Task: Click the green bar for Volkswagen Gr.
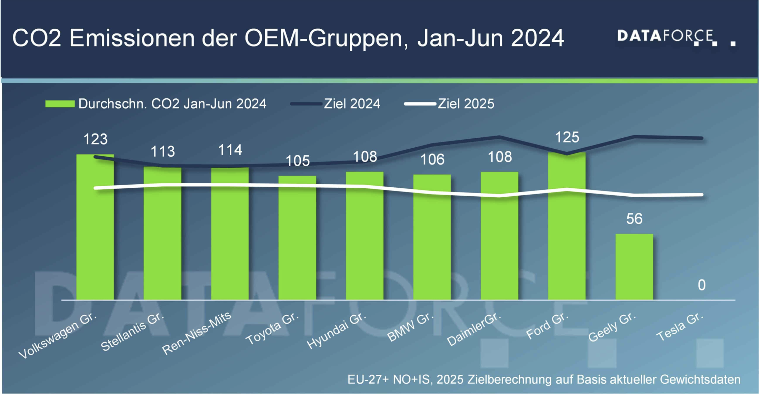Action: (x=95, y=228)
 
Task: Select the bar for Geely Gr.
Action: (x=634, y=267)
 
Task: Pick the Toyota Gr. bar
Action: (x=297, y=238)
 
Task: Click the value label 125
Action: (x=567, y=137)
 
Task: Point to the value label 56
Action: (x=634, y=219)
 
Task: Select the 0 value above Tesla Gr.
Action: (x=701, y=285)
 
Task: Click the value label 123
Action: (x=96, y=139)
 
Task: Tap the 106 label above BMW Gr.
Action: (x=432, y=160)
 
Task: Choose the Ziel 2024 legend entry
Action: (x=352, y=104)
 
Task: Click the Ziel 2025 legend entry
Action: (x=466, y=104)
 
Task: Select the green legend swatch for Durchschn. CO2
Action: (x=60, y=104)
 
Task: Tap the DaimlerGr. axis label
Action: (x=473, y=329)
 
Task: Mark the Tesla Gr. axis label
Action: (x=680, y=326)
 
